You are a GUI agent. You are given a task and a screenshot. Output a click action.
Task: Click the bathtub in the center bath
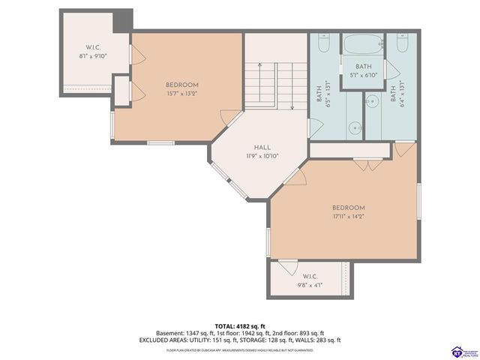(x=363, y=44)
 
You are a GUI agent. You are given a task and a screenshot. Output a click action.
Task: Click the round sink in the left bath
(x=355, y=127)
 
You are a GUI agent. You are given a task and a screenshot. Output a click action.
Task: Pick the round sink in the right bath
(x=371, y=100)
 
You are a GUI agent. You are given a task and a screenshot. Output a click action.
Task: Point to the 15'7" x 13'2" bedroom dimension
(x=182, y=94)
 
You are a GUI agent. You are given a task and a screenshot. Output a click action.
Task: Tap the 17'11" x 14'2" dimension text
(x=349, y=217)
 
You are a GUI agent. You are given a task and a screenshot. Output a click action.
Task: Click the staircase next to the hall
(x=275, y=85)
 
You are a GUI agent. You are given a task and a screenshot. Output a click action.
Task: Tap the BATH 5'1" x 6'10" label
(x=363, y=70)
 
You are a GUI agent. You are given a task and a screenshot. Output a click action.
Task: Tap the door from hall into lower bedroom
(x=297, y=177)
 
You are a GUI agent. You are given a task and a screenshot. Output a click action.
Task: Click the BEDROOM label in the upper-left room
(x=182, y=85)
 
